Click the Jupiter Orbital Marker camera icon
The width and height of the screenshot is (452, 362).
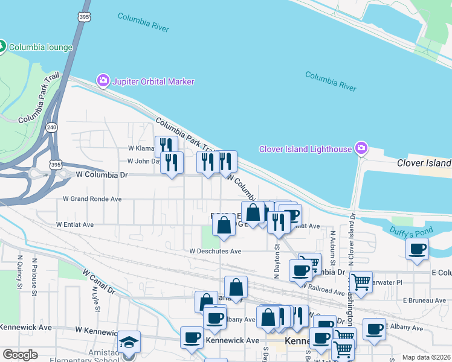[x=103, y=80]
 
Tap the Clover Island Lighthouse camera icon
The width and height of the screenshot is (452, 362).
[x=361, y=148]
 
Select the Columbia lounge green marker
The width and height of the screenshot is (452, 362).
[x=2, y=46]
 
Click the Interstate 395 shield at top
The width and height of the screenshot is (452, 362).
[x=84, y=17]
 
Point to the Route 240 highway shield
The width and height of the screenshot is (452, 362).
[x=51, y=127]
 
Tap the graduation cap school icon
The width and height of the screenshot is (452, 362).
[x=129, y=342]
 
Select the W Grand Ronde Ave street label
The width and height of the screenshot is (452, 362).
[x=92, y=198]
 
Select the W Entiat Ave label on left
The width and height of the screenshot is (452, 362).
[x=75, y=224]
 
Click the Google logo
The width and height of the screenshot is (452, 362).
[x=21, y=355]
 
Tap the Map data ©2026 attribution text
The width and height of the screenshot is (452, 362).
[x=426, y=357]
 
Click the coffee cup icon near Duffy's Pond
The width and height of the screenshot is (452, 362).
[x=418, y=249]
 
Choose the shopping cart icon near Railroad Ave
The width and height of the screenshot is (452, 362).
[x=361, y=281]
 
